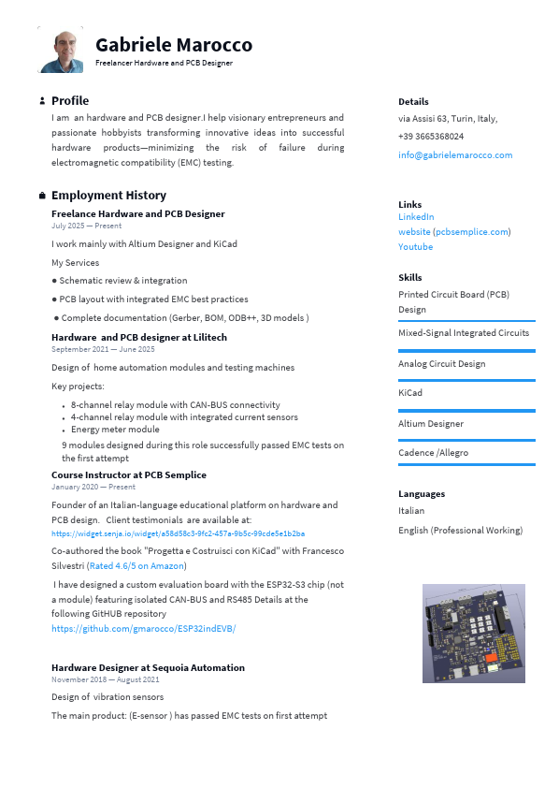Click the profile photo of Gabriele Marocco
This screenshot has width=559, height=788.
click(x=60, y=50)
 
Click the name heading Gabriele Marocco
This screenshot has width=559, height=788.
click(x=173, y=45)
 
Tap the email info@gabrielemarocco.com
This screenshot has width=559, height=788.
click(x=454, y=154)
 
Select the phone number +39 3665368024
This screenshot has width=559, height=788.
click(x=430, y=136)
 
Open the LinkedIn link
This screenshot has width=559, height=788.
click(x=416, y=216)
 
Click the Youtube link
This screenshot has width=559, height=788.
click(x=415, y=247)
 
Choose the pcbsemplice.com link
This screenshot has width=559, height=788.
click(x=472, y=231)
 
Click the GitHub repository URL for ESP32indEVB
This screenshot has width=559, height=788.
click(x=143, y=628)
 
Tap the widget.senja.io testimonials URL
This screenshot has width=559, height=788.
click(x=178, y=533)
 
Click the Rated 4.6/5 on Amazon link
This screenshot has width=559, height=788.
click(x=136, y=565)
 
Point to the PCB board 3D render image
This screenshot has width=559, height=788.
click(x=473, y=633)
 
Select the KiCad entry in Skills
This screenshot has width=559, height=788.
click(x=410, y=393)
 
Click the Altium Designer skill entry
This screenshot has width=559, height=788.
click(x=430, y=423)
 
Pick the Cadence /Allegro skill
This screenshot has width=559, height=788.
click(x=433, y=453)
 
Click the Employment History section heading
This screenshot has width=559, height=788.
click(x=108, y=196)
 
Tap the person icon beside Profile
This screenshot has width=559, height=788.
click(x=42, y=101)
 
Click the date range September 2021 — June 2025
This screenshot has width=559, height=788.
click(x=103, y=349)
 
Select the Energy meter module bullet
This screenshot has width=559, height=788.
click(x=115, y=430)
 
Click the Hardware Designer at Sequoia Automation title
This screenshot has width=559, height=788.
click(x=148, y=667)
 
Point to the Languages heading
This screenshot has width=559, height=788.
click(x=422, y=493)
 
